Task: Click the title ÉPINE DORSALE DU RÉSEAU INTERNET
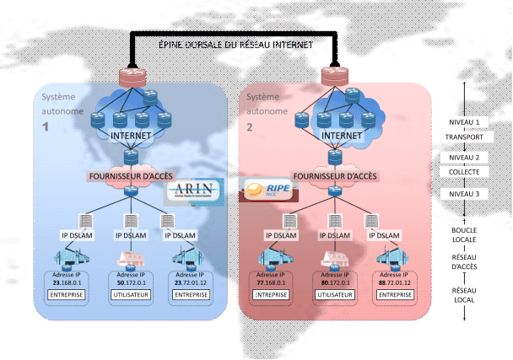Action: (x=235, y=44)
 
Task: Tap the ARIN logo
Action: (x=196, y=191)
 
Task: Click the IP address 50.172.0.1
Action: (x=132, y=282)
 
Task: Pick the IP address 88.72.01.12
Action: (x=395, y=282)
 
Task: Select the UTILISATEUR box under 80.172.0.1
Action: (x=334, y=296)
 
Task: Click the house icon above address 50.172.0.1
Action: (x=132, y=258)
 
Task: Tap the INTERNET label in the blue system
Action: (x=131, y=134)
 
